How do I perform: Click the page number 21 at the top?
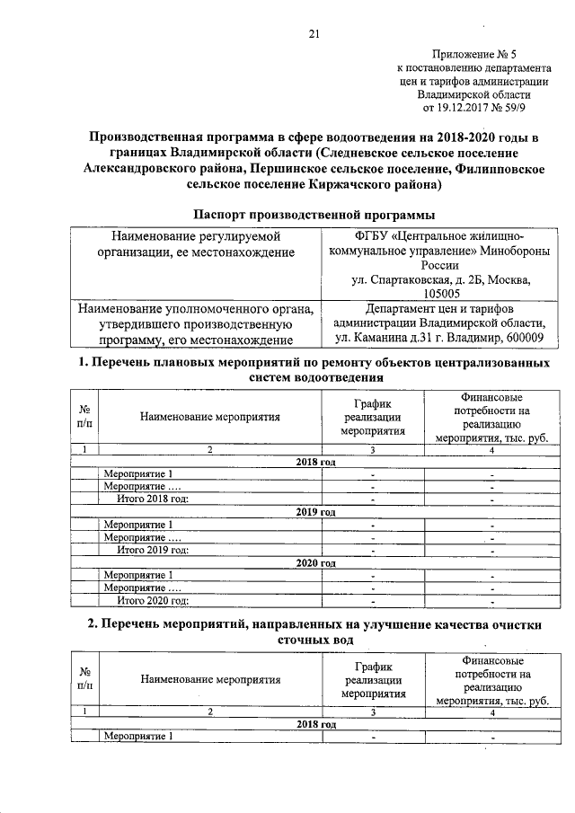click(x=314, y=34)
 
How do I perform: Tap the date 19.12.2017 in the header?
click(x=469, y=108)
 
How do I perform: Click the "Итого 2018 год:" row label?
click(x=154, y=499)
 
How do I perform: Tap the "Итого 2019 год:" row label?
click(x=154, y=549)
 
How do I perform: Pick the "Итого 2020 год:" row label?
click(x=154, y=600)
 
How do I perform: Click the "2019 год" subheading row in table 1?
click(x=315, y=511)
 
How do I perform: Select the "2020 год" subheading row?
click(x=315, y=562)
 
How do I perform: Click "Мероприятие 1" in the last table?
click(x=137, y=737)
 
